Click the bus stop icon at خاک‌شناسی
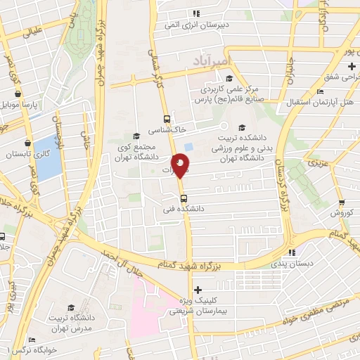pos(167,119)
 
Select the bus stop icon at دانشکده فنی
pos(184,198)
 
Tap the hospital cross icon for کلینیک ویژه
pos(198,289)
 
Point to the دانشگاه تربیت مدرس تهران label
pos(71,322)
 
